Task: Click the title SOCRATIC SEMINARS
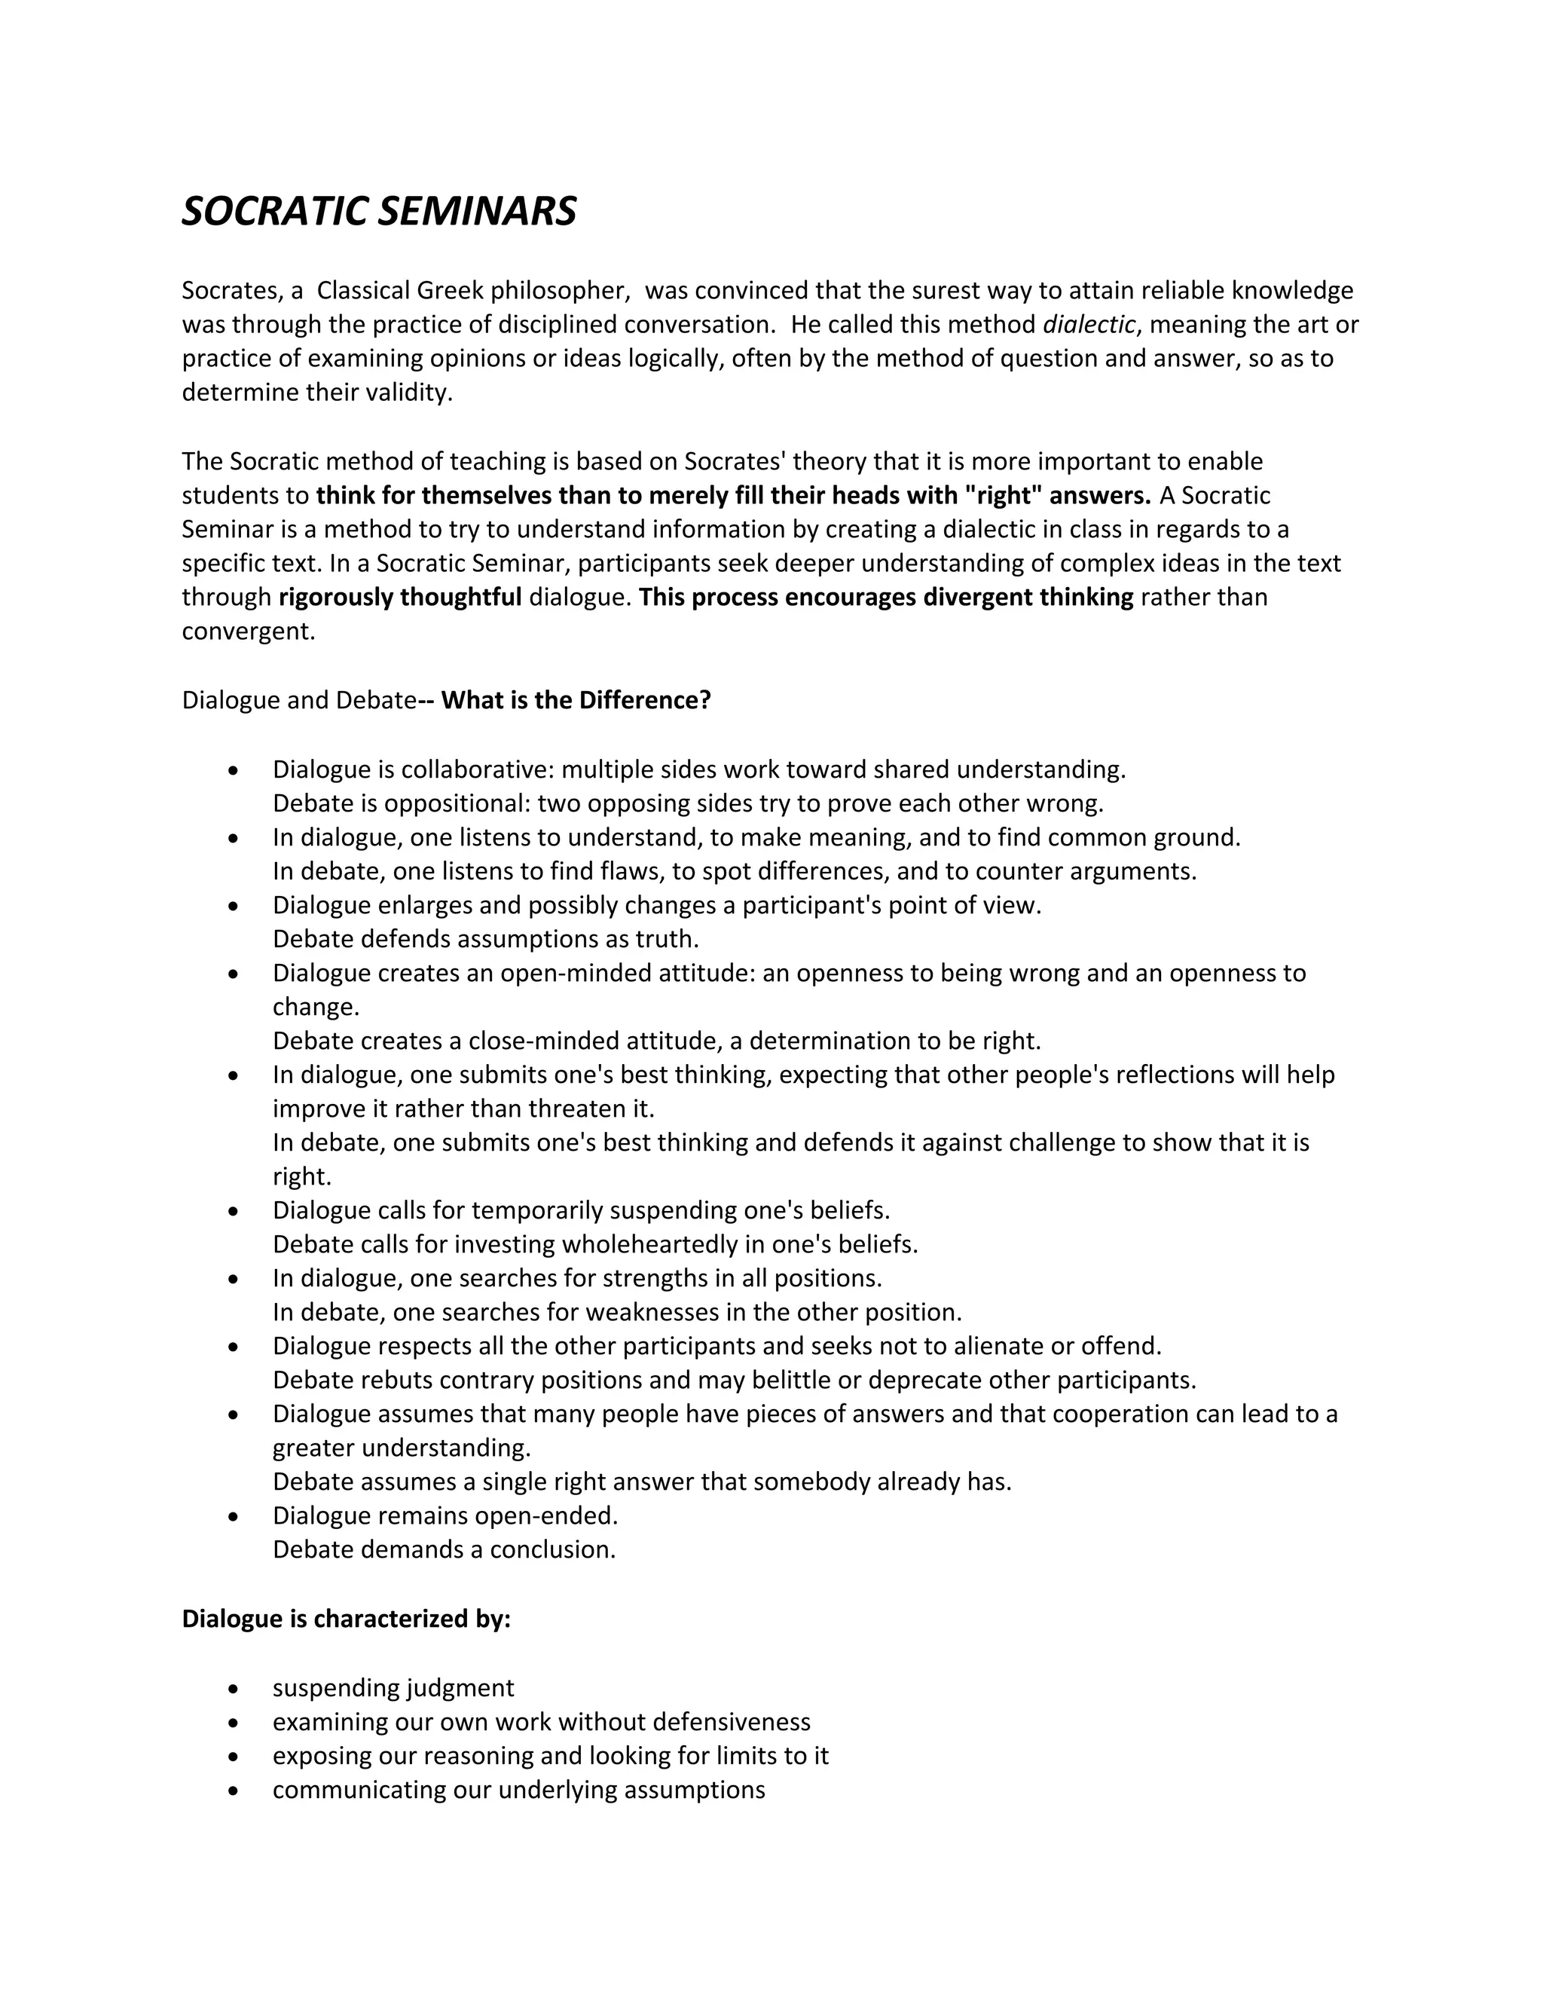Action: (378, 211)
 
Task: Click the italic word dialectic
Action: (1089, 325)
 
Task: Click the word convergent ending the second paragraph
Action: (248, 632)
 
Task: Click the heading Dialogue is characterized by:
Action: (346, 1619)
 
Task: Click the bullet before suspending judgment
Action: (235, 1689)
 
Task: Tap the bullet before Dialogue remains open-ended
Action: (235, 1517)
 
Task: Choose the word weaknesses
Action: (652, 1313)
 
